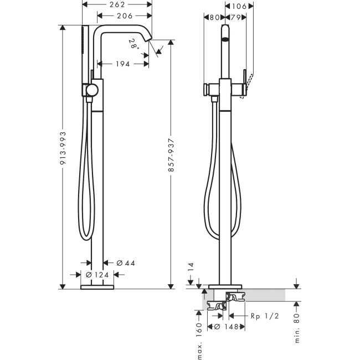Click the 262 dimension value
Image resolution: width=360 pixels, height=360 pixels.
pyautogui.click(x=117, y=4)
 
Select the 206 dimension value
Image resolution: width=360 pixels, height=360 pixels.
pyautogui.click(x=124, y=16)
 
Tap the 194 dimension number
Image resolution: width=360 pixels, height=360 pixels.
pyautogui.click(x=123, y=64)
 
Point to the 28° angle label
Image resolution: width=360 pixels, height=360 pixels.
pyautogui.click(x=133, y=43)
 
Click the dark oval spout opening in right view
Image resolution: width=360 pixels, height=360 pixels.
pyautogui.click(x=225, y=39)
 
